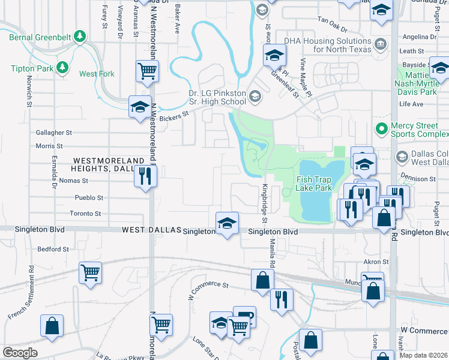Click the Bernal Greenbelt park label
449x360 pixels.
tap(40, 37)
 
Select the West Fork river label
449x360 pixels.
tap(97, 74)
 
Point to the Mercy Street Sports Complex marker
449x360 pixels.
tap(381, 128)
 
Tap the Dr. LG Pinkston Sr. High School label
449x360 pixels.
tap(217, 98)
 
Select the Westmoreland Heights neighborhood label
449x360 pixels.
tap(109, 165)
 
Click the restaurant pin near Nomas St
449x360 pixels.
tap(145, 177)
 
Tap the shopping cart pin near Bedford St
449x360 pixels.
tap(90, 272)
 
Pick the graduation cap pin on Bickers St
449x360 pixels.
tap(139, 107)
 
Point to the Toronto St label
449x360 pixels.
tap(85, 214)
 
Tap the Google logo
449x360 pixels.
tap(19, 353)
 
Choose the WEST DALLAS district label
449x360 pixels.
tap(149, 230)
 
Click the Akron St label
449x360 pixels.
tap(377, 262)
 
